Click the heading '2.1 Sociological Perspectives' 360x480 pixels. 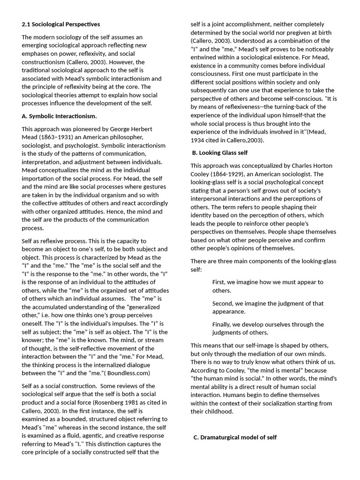61,24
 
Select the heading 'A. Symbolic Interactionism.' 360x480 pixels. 60,116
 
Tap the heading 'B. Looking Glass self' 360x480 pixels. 220,152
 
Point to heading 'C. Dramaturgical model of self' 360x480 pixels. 235,437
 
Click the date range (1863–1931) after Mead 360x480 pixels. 61,137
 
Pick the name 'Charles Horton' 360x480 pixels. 311,165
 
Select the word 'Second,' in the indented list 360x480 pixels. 223,303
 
